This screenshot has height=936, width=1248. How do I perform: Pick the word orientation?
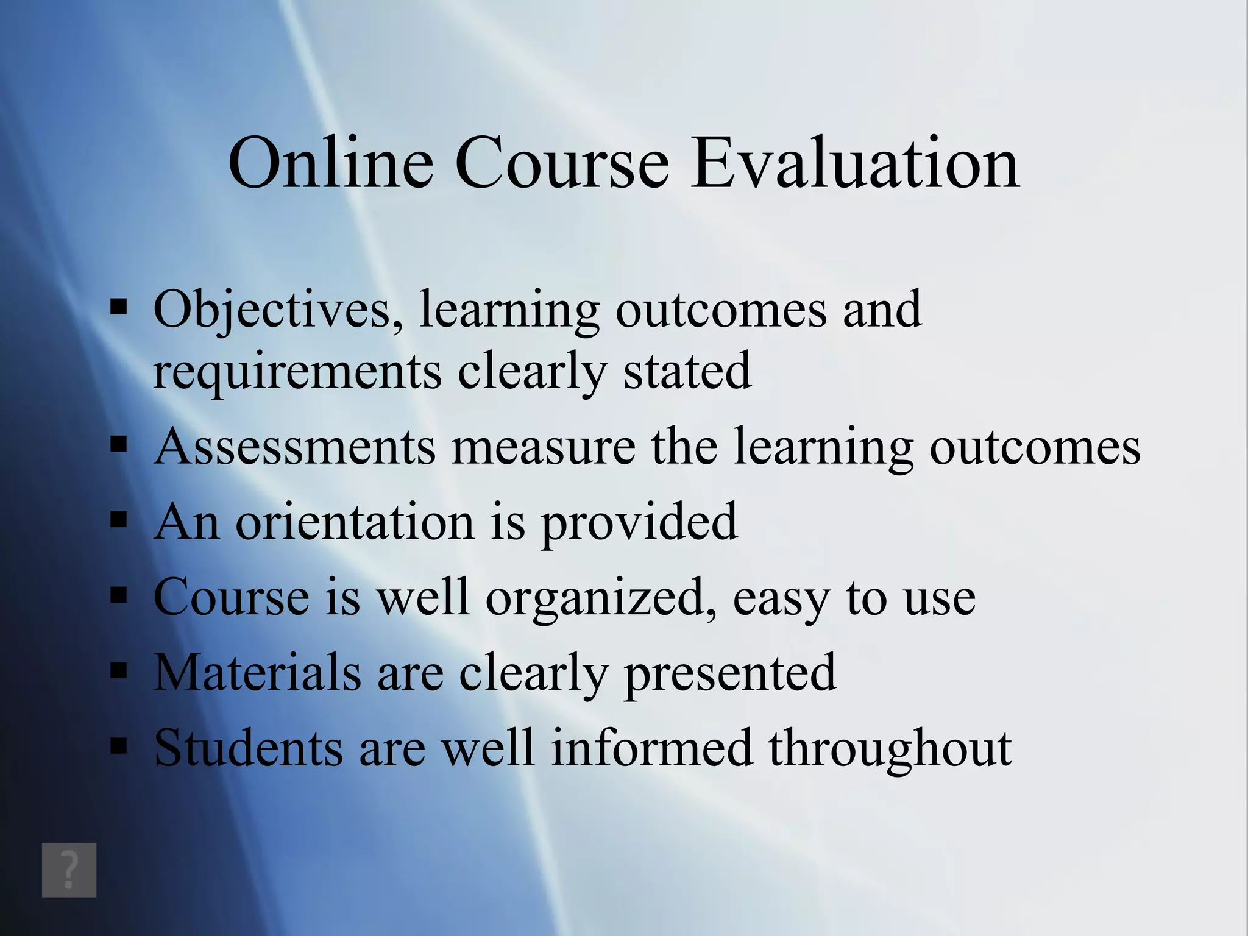pos(355,522)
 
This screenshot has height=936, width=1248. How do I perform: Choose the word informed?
pos(651,748)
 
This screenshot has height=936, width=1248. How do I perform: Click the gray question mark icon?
pos(69,870)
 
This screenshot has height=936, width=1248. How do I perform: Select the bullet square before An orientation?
pos(119,520)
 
